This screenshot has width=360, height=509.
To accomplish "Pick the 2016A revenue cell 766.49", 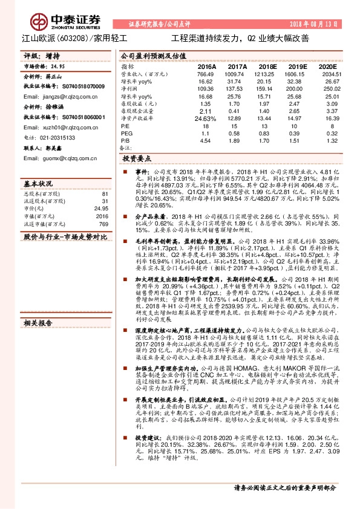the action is [x=206, y=73].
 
